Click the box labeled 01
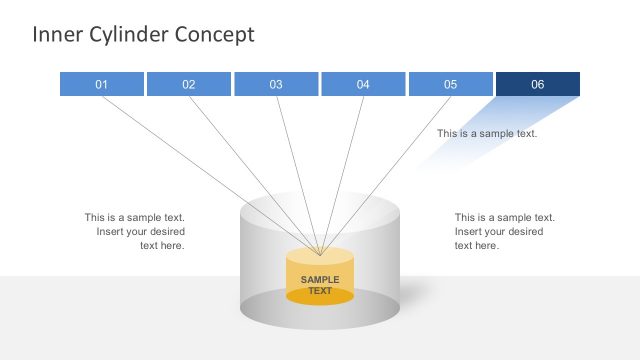[102, 85]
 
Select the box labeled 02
[189, 85]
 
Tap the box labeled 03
[276, 85]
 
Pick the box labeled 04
[363, 85]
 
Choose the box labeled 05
[450, 85]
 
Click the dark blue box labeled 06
[537, 85]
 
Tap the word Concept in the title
[215, 35]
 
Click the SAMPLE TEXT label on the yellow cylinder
[320, 285]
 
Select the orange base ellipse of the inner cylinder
[320, 297]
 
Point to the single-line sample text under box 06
[487, 133]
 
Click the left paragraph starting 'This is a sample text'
[135, 231]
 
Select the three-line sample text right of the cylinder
[504, 231]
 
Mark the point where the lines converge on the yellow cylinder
[319, 255]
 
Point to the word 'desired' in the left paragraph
[164, 232]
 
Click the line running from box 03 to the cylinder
[297, 170]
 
